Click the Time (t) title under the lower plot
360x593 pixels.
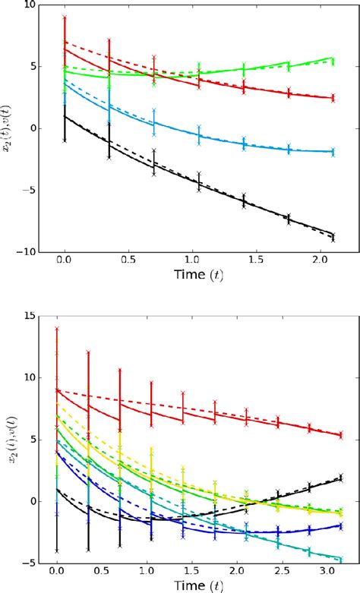click(197, 585)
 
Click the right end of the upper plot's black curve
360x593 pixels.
click(333, 235)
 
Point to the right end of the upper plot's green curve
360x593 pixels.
click(333, 58)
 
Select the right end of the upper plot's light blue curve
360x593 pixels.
click(333, 152)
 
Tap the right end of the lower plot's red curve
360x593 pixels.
click(341, 434)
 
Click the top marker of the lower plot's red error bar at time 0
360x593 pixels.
click(56, 328)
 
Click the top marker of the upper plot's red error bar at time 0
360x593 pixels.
click(65, 17)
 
